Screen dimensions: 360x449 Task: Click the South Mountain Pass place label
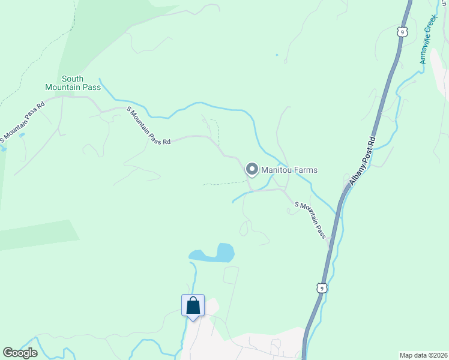(x=73, y=83)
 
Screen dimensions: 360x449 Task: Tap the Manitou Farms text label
(x=289, y=170)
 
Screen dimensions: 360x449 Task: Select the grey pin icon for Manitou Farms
(x=252, y=170)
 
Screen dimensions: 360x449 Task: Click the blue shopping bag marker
(x=193, y=306)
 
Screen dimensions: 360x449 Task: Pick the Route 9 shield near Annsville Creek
(x=400, y=30)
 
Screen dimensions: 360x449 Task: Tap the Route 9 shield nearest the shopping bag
(x=323, y=289)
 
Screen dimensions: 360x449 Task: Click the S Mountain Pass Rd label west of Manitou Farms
(x=149, y=125)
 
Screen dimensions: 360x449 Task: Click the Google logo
(x=20, y=353)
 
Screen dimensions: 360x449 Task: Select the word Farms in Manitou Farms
(x=305, y=170)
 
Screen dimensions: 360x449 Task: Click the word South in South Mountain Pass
(x=73, y=79)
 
